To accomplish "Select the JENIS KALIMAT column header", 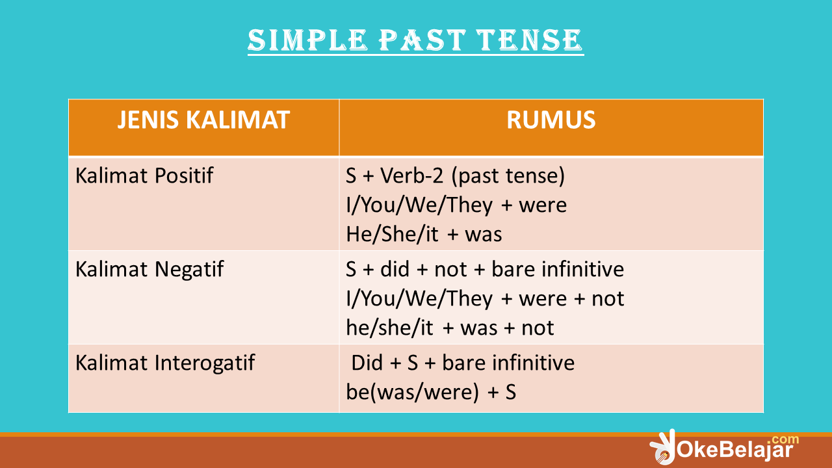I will [203, 120].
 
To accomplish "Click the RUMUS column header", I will [551, 120].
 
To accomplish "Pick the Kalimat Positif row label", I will [144, 175].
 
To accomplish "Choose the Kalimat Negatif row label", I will [149, 268].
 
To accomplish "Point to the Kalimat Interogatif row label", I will [165, 362].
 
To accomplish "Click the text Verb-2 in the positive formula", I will [408, 175].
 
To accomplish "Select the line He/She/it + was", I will [424, 235].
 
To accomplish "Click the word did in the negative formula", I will [395, 268].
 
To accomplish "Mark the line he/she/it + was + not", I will [450, 328].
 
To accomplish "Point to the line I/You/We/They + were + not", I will [485, 298].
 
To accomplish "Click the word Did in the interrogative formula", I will [367, 362].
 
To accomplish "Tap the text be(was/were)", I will [411, 392].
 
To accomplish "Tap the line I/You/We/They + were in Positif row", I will [456, 205].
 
